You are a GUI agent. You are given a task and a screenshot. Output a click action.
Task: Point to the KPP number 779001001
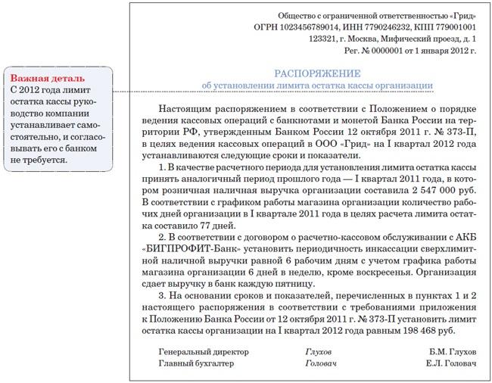pos(456,26)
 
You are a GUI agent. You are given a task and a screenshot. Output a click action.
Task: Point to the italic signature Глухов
pos(317,353)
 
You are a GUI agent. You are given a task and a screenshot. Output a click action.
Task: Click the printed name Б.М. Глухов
pos(450,353)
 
